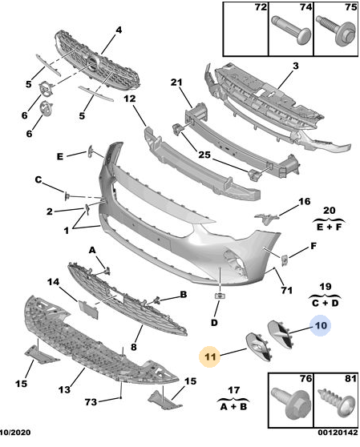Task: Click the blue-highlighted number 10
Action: [321, 325]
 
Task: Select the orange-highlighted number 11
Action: [210, 356]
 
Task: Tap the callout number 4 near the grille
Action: [119, 30]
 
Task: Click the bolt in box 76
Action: [290, 402]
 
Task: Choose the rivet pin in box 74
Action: [292, 30]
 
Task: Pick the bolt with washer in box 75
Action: [337, 30]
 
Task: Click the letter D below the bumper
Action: [214, 322]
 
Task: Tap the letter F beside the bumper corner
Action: [313, 246]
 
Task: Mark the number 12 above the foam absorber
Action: [130, 99]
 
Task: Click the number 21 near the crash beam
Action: [176, 83]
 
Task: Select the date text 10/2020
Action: [15, 432]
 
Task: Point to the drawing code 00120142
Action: [338, 432]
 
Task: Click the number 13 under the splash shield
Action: [64, 389]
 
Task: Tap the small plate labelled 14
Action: [88, 309]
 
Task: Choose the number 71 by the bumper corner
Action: [287, 290]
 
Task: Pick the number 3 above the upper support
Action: [296, 66]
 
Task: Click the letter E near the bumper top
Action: [60, 156]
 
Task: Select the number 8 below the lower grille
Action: [134, 347]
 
